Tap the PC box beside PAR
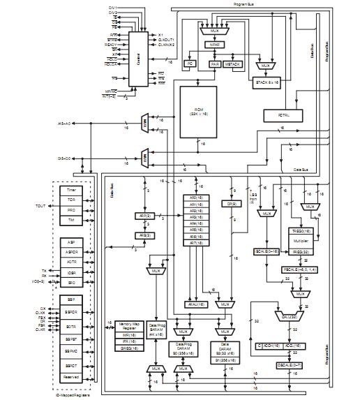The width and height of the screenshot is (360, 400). [x=188, y=63]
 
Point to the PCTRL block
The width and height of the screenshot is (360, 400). [x=284, y=114]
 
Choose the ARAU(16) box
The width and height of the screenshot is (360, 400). [x=195, y=304]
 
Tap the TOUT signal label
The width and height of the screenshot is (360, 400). [x=38, y=207]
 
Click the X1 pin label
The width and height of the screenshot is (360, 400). [x=160, y=34]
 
